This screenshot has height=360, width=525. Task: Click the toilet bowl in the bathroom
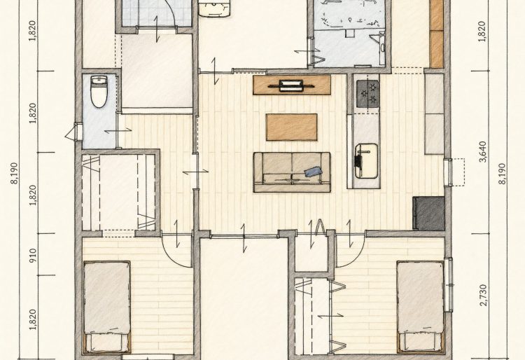99,92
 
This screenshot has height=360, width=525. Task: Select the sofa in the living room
292,172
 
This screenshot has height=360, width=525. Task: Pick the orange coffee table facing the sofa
292,127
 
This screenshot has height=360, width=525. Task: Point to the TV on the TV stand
291,85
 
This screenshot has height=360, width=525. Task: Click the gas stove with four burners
367,94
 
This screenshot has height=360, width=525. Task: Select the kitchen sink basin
367,160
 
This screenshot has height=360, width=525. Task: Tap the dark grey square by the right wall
428,213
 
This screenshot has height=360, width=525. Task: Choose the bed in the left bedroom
107,307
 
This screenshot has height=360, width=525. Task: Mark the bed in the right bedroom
421,307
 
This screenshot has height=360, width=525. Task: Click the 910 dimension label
33,255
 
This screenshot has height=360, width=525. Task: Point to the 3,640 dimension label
483,152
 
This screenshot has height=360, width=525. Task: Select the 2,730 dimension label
483,296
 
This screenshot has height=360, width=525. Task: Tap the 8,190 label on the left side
15,174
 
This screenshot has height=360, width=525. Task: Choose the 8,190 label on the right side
502,174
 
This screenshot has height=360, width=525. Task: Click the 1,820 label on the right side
482,32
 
